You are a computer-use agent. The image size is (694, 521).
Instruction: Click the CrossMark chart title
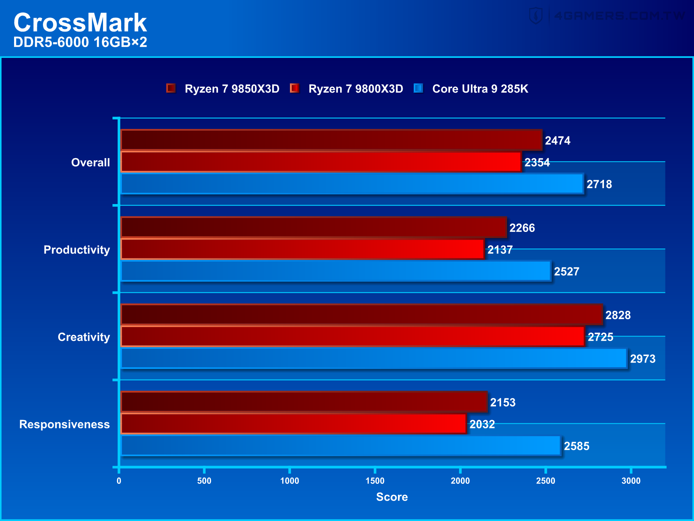point(80,22)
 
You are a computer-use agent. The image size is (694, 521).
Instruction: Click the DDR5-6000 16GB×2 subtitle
point(80,42)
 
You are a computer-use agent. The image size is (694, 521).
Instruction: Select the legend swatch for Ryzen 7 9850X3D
point(171,88)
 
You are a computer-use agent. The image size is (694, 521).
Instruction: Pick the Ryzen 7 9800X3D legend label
point(356,89)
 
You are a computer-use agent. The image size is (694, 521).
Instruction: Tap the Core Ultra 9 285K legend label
point(480,89)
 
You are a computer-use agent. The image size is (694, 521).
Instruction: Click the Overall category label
point(90,162)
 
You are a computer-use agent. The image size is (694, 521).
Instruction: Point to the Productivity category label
point(77,250)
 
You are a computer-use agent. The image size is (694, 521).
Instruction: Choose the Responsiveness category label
point(64,424)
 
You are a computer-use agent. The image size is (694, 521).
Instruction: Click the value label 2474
point(557,140)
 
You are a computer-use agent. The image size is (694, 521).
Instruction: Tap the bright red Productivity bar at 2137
point(302,249)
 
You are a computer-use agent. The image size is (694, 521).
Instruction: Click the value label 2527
point(566,271)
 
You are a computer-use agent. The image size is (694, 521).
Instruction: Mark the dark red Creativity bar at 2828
point(361,314)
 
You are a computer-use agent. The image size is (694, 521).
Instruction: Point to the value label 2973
point(642,359)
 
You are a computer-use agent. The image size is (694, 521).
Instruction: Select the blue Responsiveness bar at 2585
point(340,445)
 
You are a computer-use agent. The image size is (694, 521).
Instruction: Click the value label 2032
point(482,424)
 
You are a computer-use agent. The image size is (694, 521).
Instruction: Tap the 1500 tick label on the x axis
point(375,481)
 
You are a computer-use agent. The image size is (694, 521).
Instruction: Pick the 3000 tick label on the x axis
point(631,481)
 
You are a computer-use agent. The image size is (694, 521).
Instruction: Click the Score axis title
point(392,497)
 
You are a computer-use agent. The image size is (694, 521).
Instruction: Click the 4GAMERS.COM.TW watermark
point(619,16)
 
